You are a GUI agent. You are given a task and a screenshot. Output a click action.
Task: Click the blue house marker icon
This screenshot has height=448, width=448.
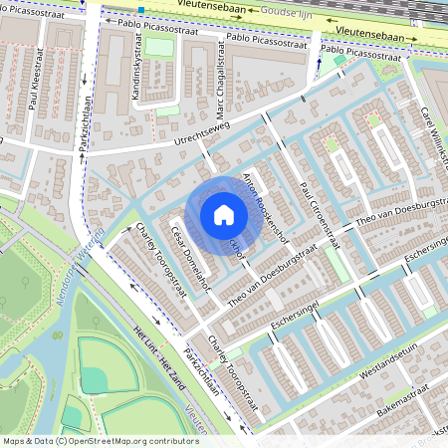click(x=224, y=215)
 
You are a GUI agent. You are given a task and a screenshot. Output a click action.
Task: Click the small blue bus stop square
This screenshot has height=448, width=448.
click(x=141, y=10)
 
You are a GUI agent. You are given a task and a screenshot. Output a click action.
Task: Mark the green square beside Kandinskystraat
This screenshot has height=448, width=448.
click(x=158, y=47)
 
